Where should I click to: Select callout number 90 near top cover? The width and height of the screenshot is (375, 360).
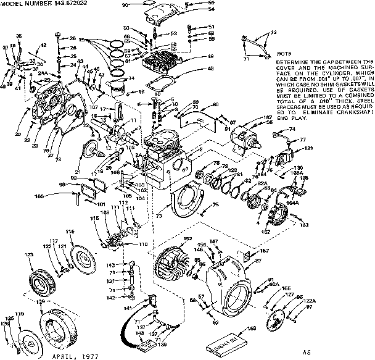click(x=124, y=5)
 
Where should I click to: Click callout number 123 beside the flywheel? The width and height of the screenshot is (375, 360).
click(x=28, y=254)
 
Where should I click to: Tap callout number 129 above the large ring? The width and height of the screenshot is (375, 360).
click(x=41, y=301)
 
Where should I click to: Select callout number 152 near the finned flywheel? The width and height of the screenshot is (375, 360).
click(x=187, y=238)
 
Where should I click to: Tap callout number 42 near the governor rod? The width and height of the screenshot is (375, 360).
click(x=44, y=44)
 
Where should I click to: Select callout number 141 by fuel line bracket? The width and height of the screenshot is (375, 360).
click(x=128, y=308)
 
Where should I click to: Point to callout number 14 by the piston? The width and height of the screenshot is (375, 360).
click(x=131, y=78)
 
